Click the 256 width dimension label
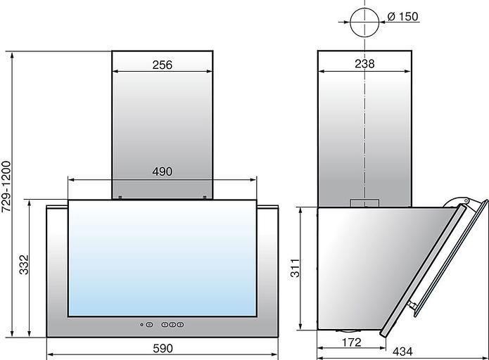click(x=162, y=65)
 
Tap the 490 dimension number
click(x=162, y=172)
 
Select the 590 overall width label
click(x=163, y=348)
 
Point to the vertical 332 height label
click(x=24, y=265)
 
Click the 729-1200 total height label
click(x=6, y=187)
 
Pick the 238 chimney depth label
click(x=364, y=63)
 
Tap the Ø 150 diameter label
click(x=403, y=16)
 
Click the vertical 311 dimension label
click(x=295, y=268)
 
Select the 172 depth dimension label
click(x=352, y=342)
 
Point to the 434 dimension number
click(x=402, y=352)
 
